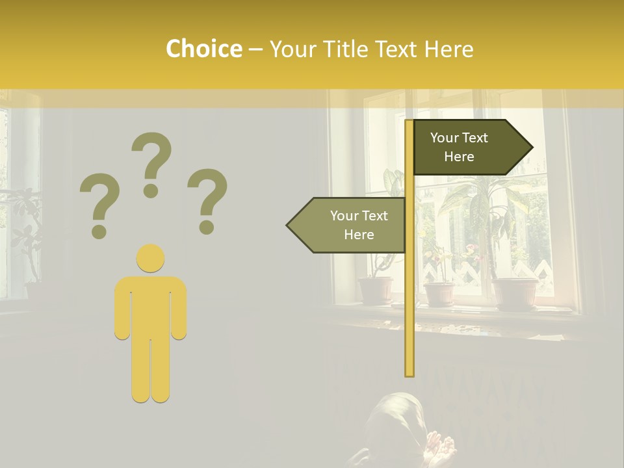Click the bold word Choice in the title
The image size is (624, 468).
203,49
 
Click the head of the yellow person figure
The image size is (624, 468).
150,258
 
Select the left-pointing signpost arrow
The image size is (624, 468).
348,225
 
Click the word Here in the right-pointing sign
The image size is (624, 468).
459,157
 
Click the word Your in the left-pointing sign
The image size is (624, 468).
344,216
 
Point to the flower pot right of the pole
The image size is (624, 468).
439,294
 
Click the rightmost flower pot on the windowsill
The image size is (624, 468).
515,294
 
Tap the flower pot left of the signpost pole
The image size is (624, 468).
376,291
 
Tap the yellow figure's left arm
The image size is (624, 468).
122,309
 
